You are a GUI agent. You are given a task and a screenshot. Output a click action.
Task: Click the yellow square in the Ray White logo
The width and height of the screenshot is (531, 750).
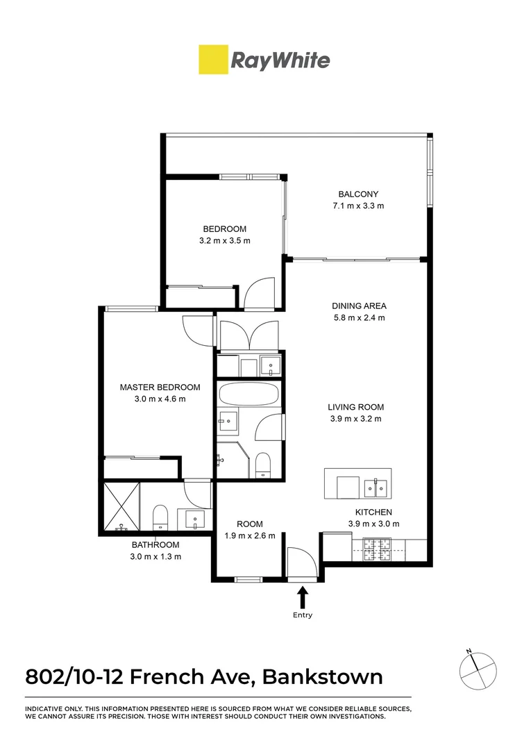coord(213,60)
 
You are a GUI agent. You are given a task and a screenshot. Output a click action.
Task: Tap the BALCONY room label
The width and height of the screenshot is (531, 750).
coord(358,194)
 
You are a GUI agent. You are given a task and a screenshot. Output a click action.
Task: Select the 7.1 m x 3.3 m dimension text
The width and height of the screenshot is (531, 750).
coord(358,206)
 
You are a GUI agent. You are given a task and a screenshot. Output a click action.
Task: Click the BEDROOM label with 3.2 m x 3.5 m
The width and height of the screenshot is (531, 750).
coord(224,229)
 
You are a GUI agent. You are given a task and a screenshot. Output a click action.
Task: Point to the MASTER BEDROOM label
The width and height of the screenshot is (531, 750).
coord(160,387)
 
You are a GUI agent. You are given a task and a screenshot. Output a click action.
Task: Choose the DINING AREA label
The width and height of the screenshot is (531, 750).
coord(359,306)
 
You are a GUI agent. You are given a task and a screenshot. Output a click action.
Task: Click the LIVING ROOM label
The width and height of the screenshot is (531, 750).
coord(356,408)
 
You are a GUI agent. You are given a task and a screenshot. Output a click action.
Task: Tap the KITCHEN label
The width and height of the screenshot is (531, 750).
coord(364,512)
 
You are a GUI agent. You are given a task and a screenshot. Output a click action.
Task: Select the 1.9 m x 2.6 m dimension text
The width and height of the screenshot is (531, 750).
coord(250,535)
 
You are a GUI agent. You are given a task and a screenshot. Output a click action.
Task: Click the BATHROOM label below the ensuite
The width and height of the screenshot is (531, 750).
coord(156,545)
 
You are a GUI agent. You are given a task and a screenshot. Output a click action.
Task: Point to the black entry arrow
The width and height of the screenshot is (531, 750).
coord(303,597)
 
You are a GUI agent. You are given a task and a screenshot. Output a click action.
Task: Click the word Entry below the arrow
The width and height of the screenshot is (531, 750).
coord(303,615)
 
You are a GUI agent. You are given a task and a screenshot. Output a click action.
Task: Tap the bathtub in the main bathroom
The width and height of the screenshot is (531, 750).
coord(248,395)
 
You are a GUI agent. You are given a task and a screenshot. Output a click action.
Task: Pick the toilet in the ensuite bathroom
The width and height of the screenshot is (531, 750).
coord(160,515)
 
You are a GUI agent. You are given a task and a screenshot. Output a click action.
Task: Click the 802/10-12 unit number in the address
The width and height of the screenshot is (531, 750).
coord(74,676)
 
